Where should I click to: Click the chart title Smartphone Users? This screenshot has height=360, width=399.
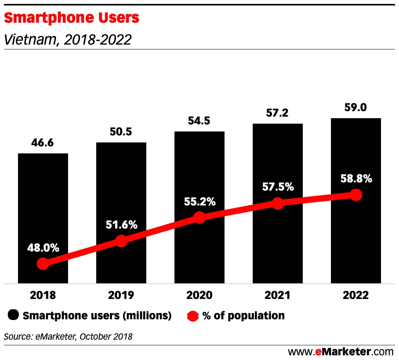click(x=71, y=18)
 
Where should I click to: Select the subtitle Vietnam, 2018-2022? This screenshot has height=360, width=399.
click(x=67, y=40)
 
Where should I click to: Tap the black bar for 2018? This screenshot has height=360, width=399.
click(x=43, y=203)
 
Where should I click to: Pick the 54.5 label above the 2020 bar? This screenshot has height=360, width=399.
click(x=199, y=121)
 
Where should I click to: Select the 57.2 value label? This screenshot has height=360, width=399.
click(x=278, y=113)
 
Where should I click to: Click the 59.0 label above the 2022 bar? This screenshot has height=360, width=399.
click(x=356, y=107)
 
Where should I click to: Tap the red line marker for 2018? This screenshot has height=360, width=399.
click(x=43, y=264)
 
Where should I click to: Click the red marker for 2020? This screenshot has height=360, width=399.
click(x=199, y=218)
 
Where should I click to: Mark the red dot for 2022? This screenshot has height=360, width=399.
click(x=356, y=194)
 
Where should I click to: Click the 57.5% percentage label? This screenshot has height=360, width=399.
click(x=278, y=187)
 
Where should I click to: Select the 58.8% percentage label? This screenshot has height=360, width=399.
click(x=356, y=178)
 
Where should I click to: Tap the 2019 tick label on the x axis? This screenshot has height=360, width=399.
click(x=121, y=295)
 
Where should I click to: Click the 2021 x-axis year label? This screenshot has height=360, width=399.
click(x=278, y=295)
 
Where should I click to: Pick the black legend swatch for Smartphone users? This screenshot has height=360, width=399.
click(x=14, y=315)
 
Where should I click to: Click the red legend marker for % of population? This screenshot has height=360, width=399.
click(x=193, y=315)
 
